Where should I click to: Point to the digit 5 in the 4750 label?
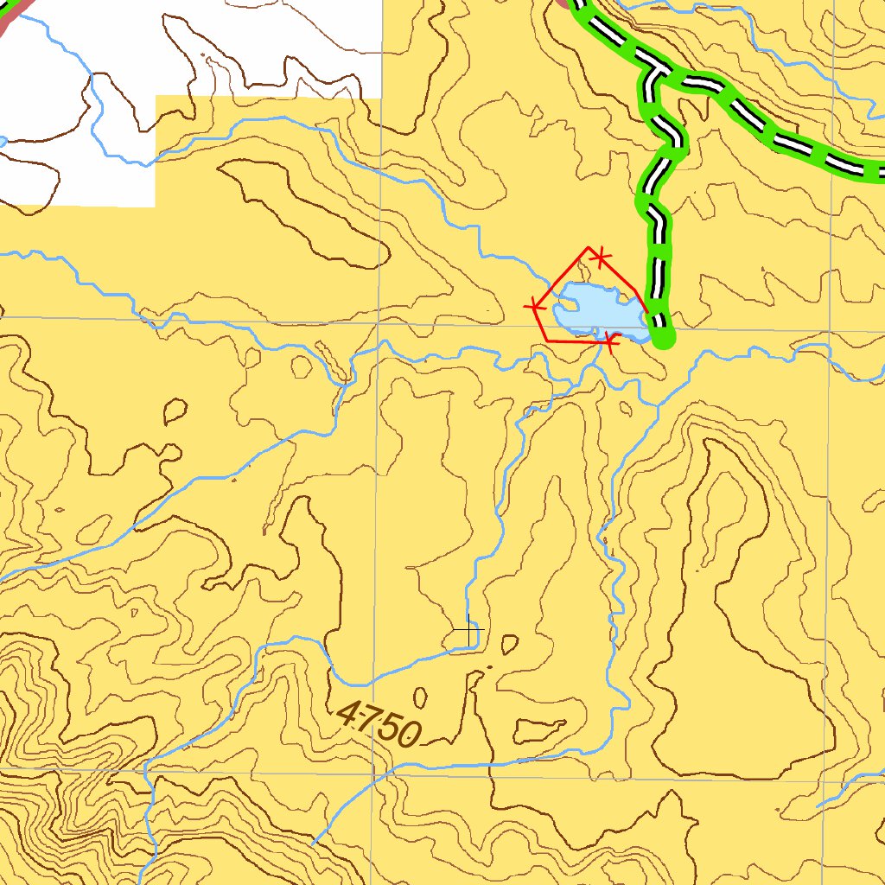click(x=387, y=728)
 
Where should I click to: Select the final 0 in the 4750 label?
click(x=407, y=735)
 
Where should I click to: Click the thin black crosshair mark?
click(x=468, y=634)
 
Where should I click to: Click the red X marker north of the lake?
click(x=601, y=257)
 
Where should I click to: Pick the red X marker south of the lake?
click(x=610, y=343)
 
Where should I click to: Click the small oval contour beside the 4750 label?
click(x=421, y=697)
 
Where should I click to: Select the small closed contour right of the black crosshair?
click(x=510, y=643)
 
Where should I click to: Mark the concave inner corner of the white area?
click(x=156, y=97)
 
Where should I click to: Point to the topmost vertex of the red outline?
click(x=589, y=247)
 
